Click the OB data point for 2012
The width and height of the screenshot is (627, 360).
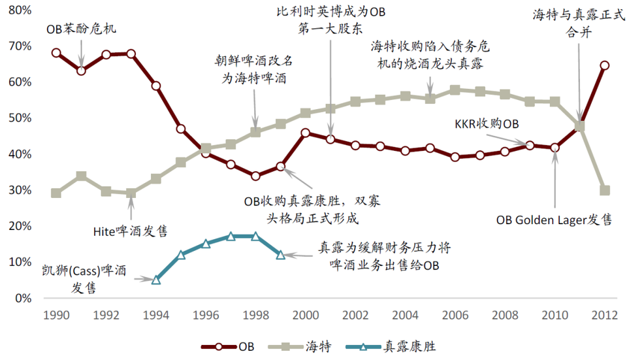605,65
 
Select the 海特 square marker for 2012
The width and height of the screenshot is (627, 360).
605,190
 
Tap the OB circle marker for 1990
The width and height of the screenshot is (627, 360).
56,53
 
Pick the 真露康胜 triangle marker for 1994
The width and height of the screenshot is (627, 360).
156,280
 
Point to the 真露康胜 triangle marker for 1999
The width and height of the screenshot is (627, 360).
281,255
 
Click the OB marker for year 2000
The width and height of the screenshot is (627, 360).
306,133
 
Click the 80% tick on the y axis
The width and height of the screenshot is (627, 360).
20,10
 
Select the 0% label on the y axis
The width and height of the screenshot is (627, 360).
23,298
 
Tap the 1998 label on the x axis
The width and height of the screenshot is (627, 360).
255,314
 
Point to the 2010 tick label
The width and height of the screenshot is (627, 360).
555,314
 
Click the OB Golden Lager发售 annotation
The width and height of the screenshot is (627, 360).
555,220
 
